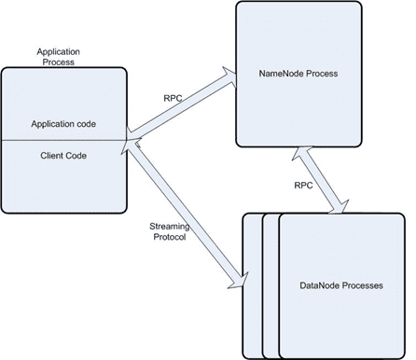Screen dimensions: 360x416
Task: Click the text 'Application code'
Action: pos(63,123)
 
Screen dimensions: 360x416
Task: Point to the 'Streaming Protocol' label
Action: pos(169,231)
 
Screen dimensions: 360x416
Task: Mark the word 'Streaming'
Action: pos(169,226)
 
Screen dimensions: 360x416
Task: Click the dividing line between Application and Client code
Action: pos(63,140)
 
